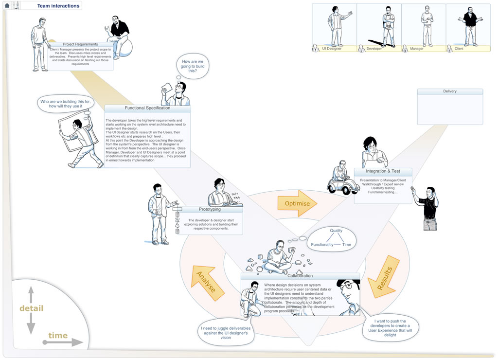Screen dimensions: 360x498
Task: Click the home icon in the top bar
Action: coord(7,6)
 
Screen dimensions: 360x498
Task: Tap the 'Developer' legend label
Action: coord(374,49)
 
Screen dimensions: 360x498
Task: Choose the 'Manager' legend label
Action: coord(417,49)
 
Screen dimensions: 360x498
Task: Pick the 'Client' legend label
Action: coord(459,49)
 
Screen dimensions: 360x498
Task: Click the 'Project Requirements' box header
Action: coord(80,44)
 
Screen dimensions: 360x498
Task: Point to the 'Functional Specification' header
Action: coord(147,108)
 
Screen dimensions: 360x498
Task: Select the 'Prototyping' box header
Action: coord(210,209)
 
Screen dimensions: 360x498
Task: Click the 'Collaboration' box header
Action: coord(300,276)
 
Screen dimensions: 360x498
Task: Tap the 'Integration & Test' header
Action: coord(383,171)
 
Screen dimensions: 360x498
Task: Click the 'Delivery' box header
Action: coord(450,91)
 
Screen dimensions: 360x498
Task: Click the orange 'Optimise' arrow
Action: coord(297,203)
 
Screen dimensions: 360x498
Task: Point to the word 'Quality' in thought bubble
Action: coord(336,231)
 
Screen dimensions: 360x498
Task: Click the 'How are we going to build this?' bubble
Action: coord(192,67)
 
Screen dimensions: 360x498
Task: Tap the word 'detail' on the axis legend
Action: coord(31,308)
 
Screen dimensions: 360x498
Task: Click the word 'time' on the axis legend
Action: coord(58,336)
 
